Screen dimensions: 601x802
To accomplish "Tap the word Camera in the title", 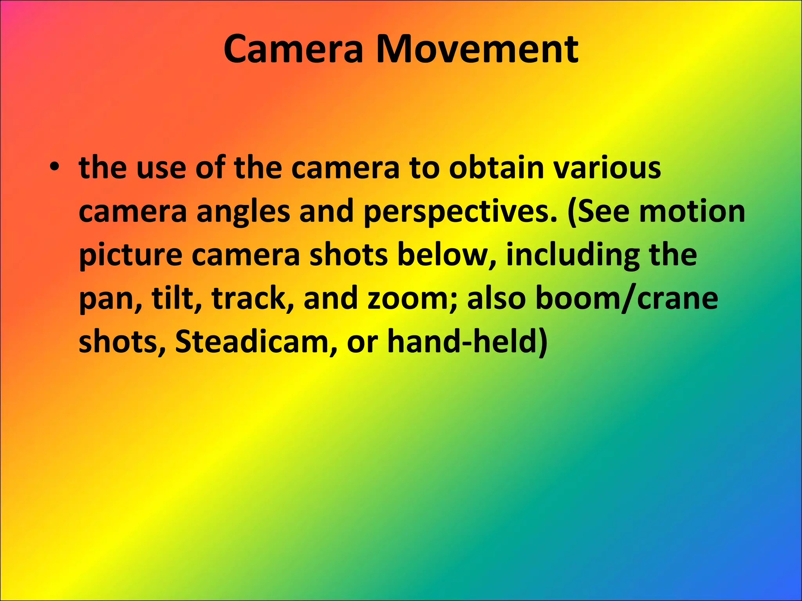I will click(293, 50).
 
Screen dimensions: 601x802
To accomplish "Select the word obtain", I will click(496, 168).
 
